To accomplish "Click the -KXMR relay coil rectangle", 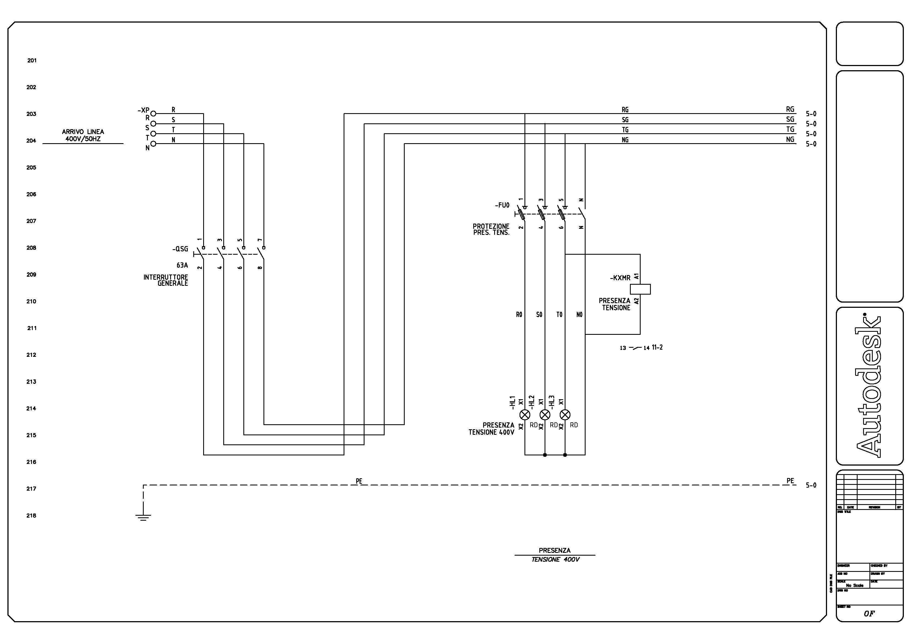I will pos(640,289).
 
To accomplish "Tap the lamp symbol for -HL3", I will pos(565,415).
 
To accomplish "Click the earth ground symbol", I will pos(143,516).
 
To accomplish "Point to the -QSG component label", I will pos(180,249).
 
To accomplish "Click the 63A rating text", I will pos(182,265).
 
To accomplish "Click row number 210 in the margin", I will pos(31,301).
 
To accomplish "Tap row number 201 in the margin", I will pos(32,60).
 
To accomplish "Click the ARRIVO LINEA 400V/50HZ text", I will pos(83,135).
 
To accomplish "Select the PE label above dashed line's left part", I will pos(359,481).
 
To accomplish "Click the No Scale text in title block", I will pos(854,585).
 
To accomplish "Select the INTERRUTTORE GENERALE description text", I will pos(166,280).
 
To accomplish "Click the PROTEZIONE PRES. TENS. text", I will pos(491,229).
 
